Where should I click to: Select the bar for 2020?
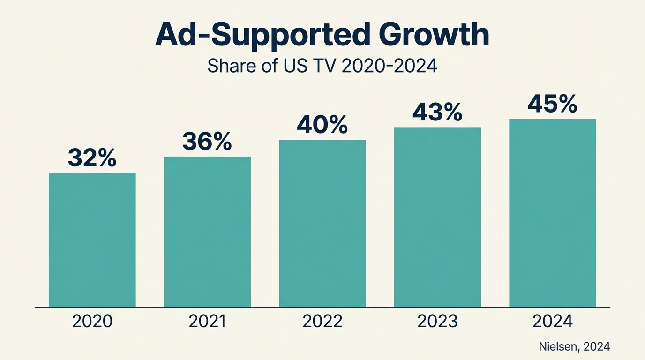[92, 240]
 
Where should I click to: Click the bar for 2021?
[207, 232]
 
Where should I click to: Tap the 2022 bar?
[322, 223]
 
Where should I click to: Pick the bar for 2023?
[437, 217]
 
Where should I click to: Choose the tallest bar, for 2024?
[553, 213]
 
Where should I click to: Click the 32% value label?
[92, 158]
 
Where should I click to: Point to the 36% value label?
[207, 141]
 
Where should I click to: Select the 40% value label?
[322, 124]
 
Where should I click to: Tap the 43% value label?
[437, 112]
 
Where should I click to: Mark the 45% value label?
[553, 104]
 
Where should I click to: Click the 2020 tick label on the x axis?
[92, 322]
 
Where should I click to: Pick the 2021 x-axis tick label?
[207, 322]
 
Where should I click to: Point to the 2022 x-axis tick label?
[322, 322]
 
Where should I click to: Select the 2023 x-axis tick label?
[437, 322]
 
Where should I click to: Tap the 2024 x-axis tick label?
[553, 322]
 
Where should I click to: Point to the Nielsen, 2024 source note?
[574, 346]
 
